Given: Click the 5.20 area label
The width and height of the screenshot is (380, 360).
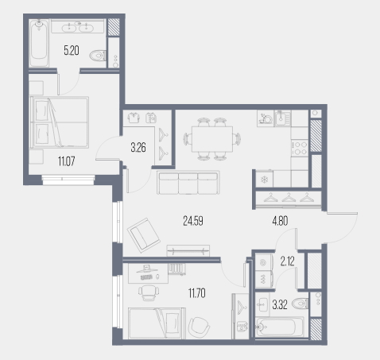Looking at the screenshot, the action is (x=72, y=50).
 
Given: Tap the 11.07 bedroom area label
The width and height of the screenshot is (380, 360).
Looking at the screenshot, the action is (x=67, y=161).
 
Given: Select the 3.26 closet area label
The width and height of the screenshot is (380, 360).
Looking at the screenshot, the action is (x=138, y=147).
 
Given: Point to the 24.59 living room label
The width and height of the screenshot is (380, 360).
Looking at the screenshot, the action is (x=193, y=221).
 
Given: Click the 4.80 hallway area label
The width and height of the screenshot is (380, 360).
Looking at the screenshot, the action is (x=280, y=221).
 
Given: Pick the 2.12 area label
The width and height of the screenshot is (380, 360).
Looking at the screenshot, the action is (x=287, y=261).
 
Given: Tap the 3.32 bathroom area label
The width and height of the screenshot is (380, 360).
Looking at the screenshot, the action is (x=280, y=304).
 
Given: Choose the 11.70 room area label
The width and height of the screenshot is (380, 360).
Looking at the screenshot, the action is (x=197, y=293).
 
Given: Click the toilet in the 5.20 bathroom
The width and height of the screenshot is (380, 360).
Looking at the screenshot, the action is (x=98, y=56).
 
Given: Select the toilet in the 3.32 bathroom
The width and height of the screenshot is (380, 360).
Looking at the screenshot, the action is (x=301, y=304).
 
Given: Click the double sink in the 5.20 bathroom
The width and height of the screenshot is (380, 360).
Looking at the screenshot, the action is (x=77, y=28).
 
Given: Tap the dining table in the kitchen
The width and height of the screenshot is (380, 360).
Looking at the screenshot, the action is (x=212, y=139).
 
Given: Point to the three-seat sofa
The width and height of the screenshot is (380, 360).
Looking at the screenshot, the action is (x=188, y=183).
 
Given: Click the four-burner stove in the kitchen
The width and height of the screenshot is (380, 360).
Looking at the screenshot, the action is (x=300, y=149).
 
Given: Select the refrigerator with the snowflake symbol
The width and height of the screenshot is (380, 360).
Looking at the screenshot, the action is (x=265, y=179).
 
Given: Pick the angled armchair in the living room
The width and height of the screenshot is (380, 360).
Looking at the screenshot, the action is (x=144, y=235).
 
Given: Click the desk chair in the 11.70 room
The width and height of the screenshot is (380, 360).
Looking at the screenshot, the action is (x=149, y=292).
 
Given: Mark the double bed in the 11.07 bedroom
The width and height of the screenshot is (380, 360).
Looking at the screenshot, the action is (x=60, y=122).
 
